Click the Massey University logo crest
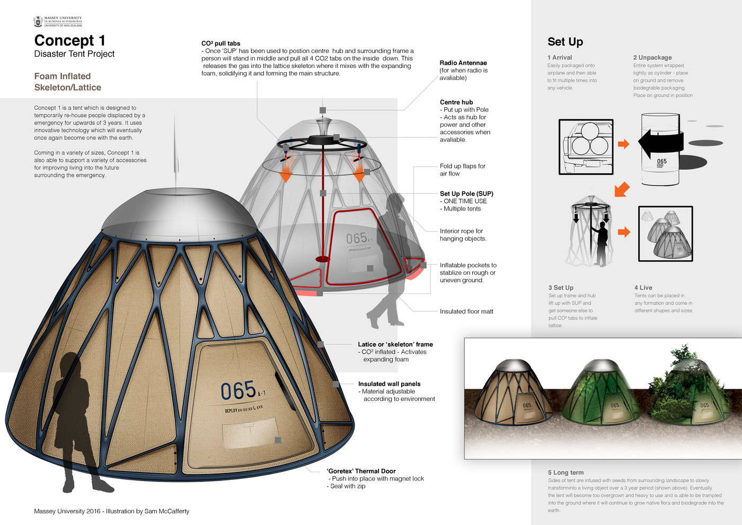(38, 21)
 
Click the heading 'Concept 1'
(69, 41)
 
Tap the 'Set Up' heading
(565, 42)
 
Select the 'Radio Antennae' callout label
(463, 63)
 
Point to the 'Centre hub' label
(456, 102)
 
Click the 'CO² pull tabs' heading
(220, 43)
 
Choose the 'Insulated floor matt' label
(466, 311)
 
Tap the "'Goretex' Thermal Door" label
(361, 471)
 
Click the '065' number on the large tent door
(238, 391)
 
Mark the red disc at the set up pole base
(322, 259)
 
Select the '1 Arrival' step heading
(560, 57)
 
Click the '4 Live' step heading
(643, 287)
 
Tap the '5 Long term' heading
(566, 472)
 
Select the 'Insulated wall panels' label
(389, 384)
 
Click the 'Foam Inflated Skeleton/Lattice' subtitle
(67, 82)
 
